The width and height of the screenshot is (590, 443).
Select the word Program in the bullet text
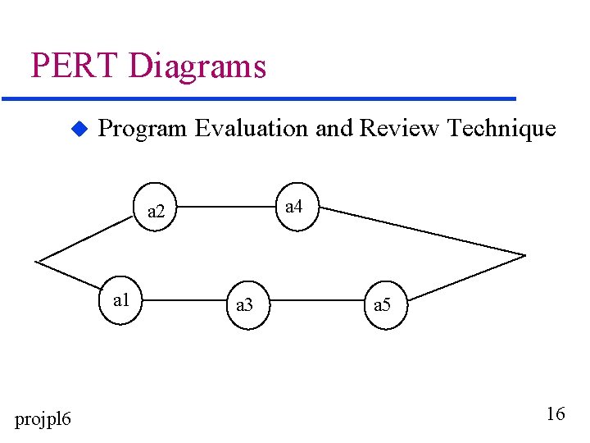[143, 129]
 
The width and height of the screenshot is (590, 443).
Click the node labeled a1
[122, 300]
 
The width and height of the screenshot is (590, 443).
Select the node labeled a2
[156, 212]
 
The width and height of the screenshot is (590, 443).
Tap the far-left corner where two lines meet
[37, 262]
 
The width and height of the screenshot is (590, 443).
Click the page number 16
[555, 414]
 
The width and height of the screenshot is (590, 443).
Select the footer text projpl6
[43, 420]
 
